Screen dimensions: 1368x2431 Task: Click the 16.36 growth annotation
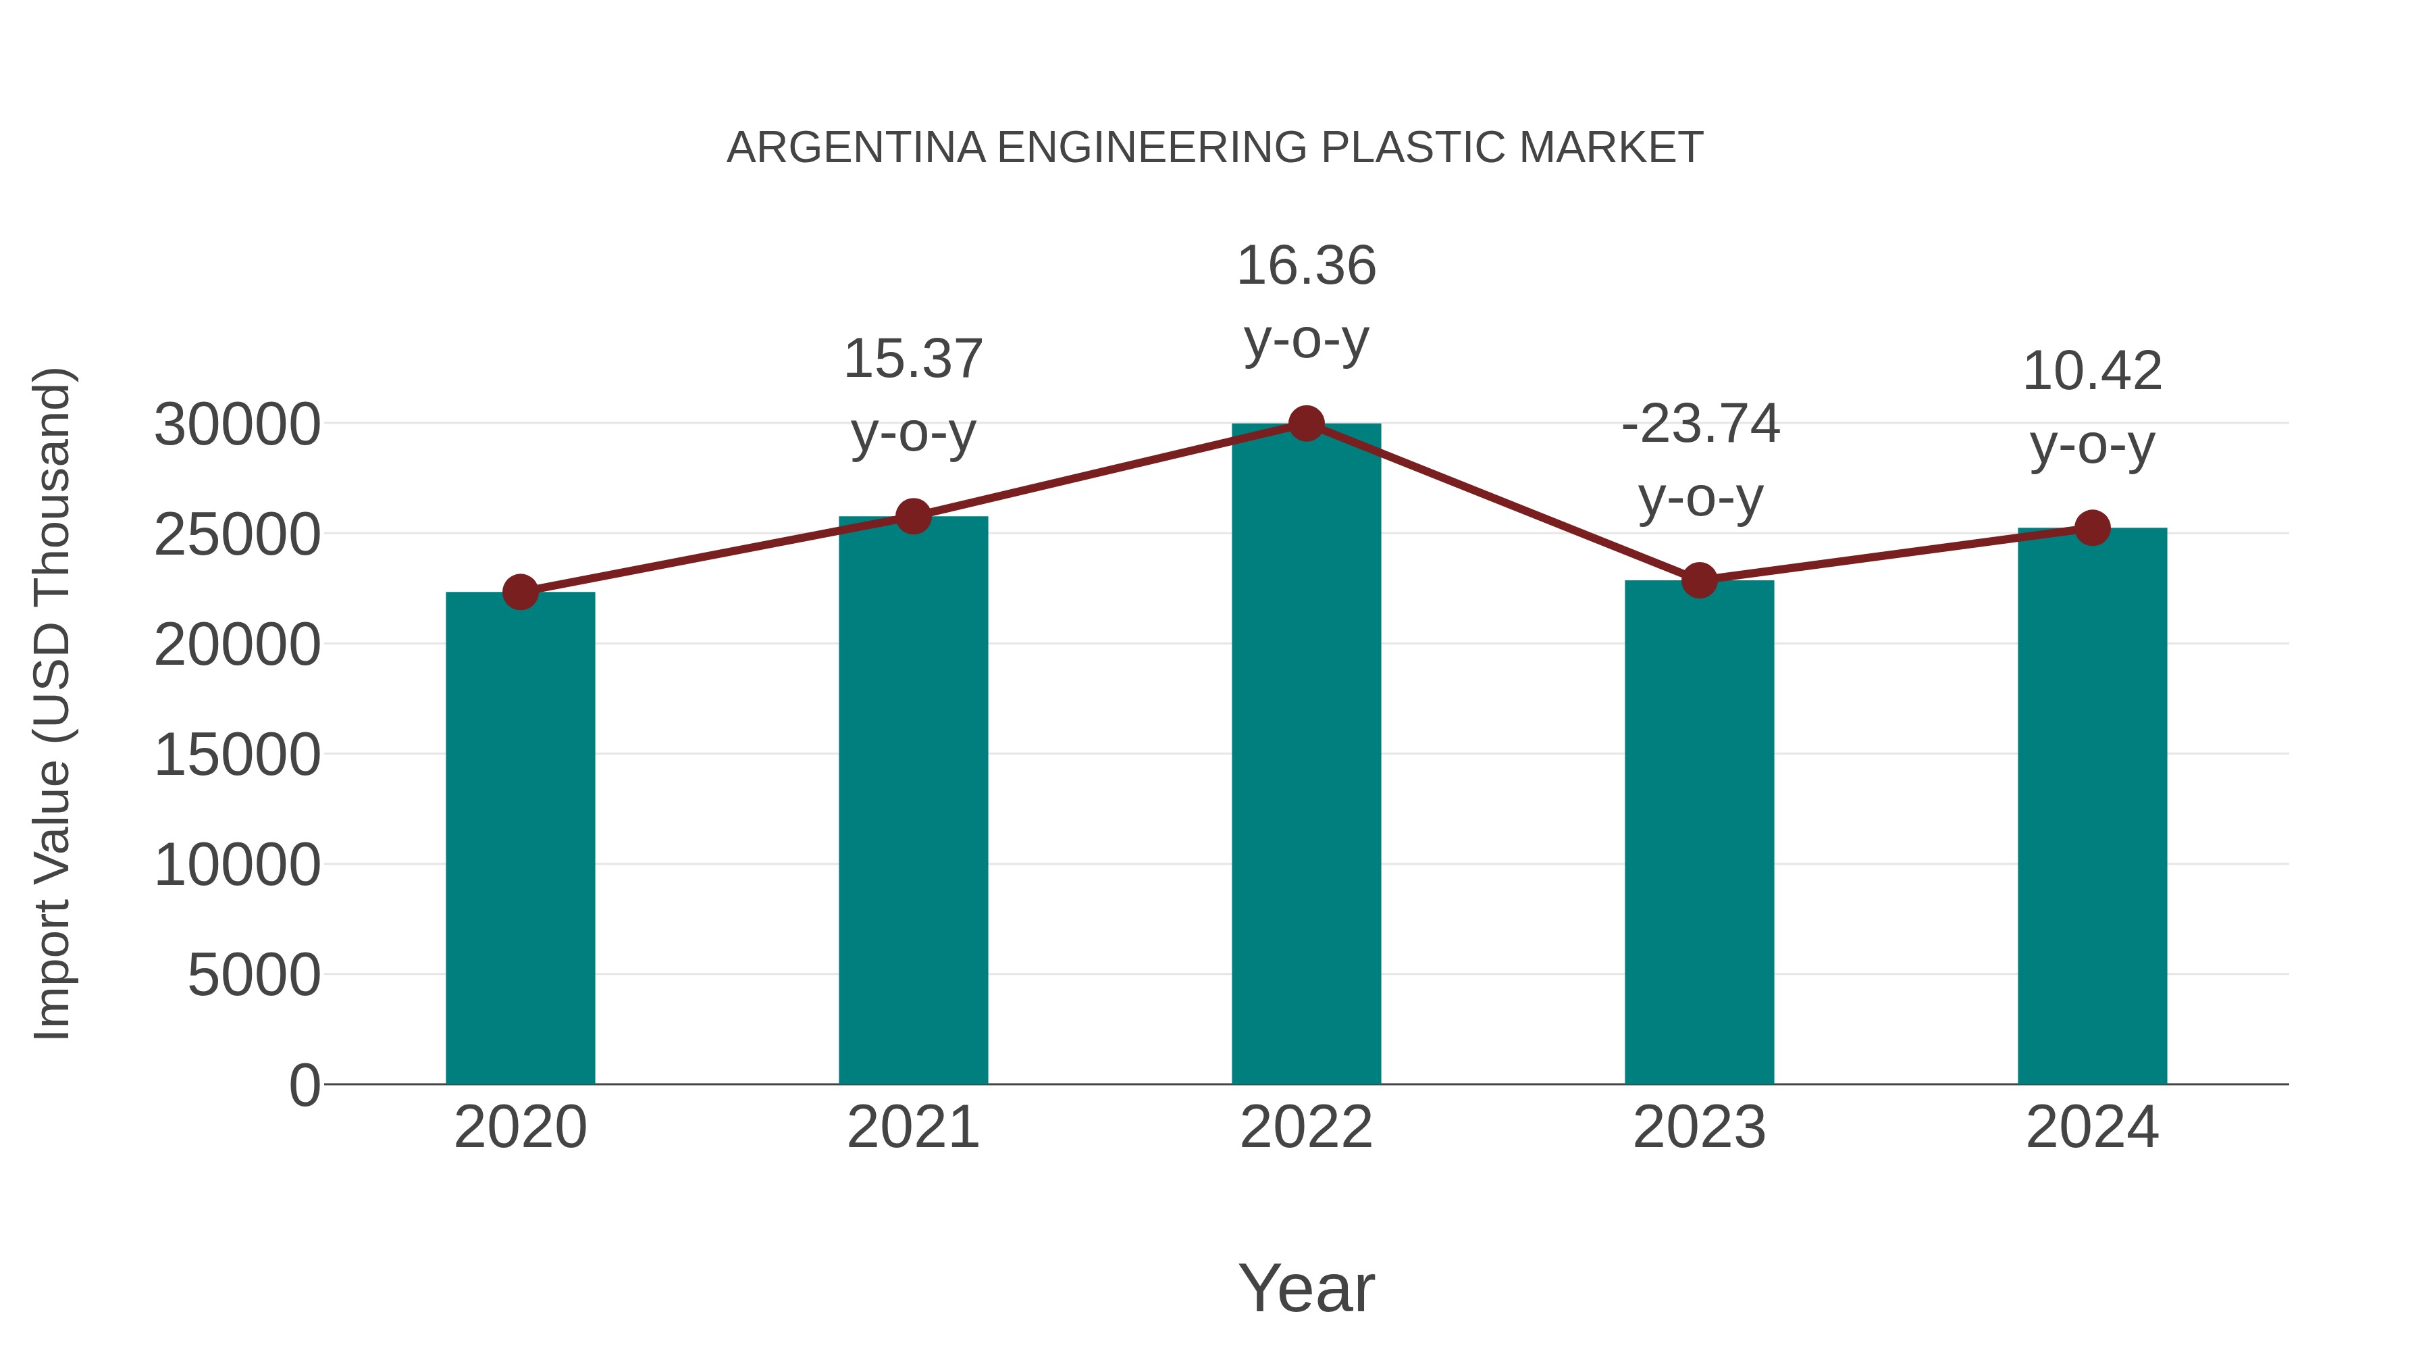[1306, 265]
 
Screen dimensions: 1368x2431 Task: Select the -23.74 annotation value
[1700, 423]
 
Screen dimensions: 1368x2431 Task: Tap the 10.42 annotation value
[2092, 371]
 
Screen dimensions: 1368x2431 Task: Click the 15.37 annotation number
[912, 359]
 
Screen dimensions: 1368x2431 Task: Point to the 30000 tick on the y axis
[237, 425]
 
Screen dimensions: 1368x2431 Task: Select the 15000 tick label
[237, 755]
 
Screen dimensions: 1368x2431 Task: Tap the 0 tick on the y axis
[304, 1085]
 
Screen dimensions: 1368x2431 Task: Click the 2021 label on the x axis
[912, 1128]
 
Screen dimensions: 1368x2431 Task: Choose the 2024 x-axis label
[2092, 1128]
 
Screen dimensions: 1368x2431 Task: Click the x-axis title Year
[1306, 1288]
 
